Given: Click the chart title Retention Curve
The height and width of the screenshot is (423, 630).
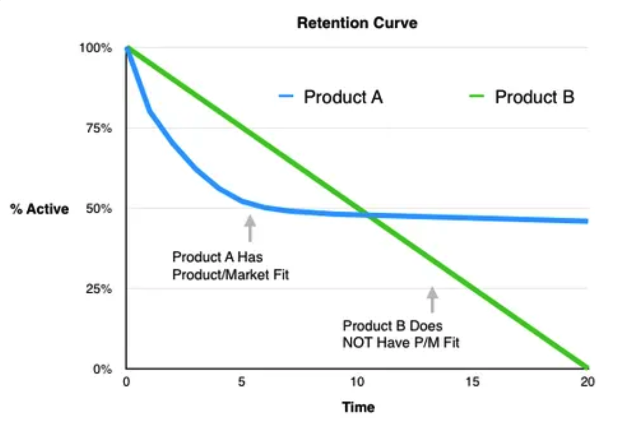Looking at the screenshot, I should pos(357,23).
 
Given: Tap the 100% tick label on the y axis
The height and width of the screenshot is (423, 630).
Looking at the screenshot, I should pos(96,48).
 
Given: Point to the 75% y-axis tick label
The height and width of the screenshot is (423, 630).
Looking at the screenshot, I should pos(98,129).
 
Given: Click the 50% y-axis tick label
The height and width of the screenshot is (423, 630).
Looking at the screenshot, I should pos(98,209).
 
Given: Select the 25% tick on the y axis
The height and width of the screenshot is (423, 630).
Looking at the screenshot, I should pos(98,289).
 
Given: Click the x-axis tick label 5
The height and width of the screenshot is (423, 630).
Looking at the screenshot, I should pos(242,382).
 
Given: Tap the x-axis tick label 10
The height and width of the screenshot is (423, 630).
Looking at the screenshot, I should pos(357,382).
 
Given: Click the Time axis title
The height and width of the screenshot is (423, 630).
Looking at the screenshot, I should pos(358,408).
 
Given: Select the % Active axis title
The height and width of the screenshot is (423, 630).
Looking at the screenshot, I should pos(40,209).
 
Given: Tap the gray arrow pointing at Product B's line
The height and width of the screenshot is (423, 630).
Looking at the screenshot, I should pos(432,299).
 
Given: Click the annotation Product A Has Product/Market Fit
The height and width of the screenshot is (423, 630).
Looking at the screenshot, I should pos(231,266).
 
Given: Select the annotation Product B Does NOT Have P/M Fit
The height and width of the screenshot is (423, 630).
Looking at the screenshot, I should pos(401,334).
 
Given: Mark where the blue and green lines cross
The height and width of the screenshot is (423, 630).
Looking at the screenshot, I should pos(367,215).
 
